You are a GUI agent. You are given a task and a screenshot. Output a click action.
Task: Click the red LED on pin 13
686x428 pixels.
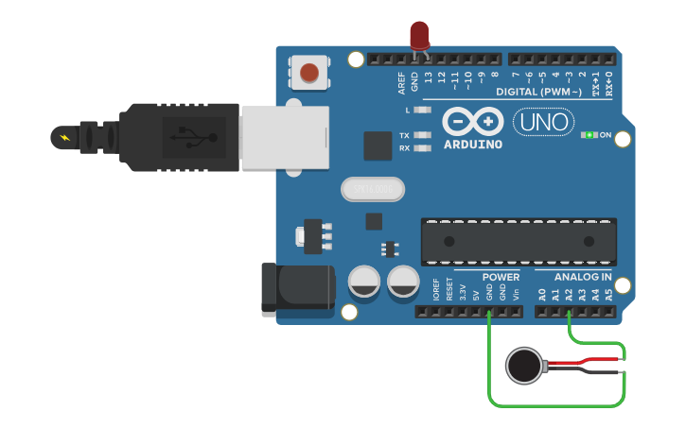point(419,35)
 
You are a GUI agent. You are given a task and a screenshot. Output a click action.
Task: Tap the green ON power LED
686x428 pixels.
point(590,135)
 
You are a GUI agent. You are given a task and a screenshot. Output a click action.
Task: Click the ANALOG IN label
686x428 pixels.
point(582,277)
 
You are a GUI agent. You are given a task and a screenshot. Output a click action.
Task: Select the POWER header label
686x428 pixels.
point(501,277)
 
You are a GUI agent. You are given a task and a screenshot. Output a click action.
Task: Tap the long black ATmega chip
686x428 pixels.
point(518,241)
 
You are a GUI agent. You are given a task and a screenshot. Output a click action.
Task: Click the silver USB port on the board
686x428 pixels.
point(284,137)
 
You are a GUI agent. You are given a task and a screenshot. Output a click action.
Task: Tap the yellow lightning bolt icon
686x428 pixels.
point(64,139)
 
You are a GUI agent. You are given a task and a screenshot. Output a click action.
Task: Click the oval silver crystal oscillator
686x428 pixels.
point(373,190)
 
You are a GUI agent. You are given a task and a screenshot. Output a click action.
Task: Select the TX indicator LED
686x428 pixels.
point(422,135)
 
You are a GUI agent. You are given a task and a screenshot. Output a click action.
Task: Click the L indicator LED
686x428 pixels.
point(422,111)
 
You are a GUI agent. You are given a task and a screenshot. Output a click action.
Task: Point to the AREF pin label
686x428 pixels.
point(402,85)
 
